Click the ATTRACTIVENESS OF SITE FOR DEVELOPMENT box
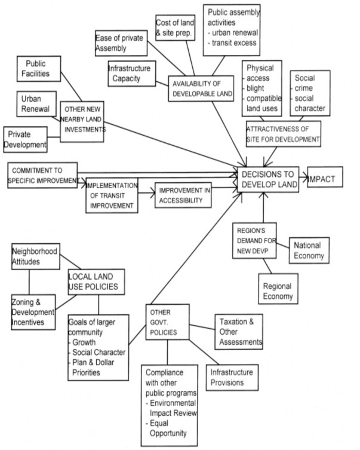point(283,134)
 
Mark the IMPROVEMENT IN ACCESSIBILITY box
point(183,195)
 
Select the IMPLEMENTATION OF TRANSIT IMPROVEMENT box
point(112,194)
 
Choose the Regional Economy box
point(277,291)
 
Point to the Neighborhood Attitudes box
point(35,257)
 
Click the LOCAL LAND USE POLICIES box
point(96,282)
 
